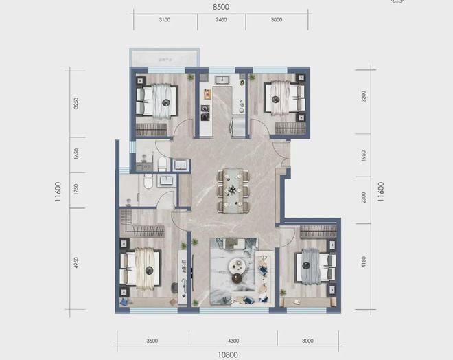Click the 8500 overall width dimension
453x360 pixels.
click(x=220, y=6)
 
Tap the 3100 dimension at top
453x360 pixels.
click(x=164, y=21)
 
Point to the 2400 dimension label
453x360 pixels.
click(x=220, y=21)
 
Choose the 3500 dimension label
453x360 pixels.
click(x=152, y=341)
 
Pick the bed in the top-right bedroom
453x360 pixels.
click(x=282, y=100)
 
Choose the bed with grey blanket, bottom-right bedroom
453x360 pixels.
click(x=314, y=265)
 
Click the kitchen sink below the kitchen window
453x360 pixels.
click(x=222, y=81)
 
